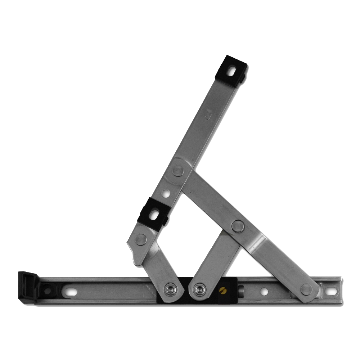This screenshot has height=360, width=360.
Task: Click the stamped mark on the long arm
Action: (207, 116)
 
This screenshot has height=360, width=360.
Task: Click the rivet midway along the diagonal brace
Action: (238, 226)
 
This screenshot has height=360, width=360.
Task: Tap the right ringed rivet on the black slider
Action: (198, 289)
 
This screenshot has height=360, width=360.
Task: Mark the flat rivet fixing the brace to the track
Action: (306, 289)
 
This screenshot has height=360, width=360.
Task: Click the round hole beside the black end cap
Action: (47, 289)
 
